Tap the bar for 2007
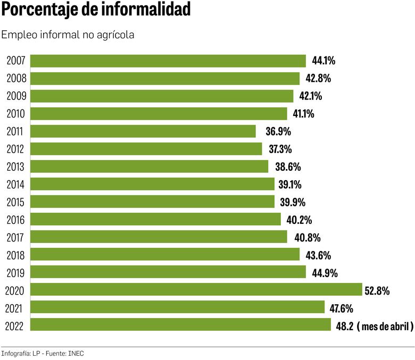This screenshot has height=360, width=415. (x=168, y=61)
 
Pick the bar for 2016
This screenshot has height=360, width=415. (x=155, y=219)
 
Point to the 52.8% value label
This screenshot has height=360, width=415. (x=378, y=290)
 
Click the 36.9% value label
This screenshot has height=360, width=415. (x=272, y=131)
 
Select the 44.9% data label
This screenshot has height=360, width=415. (x=322, y=273)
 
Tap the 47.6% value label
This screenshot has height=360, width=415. (x=341, y=308)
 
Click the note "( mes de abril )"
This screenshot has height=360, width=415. (x=385, y=326)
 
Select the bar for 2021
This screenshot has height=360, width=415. (x=177, y=307)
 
